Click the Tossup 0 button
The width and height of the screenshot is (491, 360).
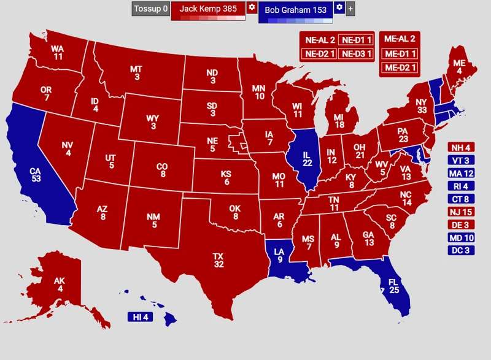pos(150,9)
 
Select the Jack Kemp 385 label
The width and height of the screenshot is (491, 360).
pos(208,9)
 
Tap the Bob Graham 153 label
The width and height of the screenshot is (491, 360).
pos(295,10)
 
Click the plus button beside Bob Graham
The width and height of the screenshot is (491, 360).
pos(350,9)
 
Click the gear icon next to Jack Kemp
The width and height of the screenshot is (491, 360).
pos(251,7)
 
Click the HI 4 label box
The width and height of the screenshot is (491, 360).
pos(141,317)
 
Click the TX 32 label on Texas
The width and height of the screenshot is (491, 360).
pos(218,260)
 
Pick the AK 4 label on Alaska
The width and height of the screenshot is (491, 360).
pos(60,284)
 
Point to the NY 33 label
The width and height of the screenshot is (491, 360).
pos(420,106)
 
